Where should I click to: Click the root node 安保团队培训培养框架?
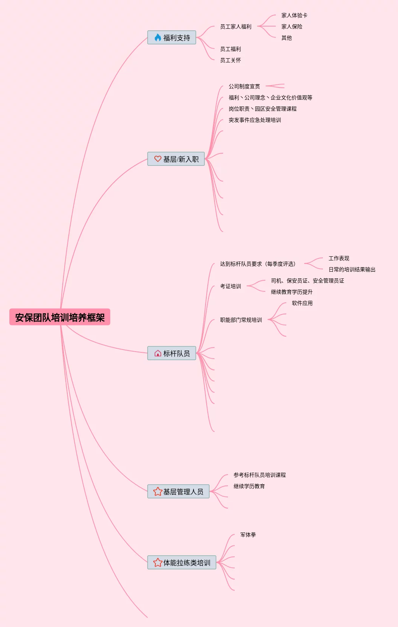point(60,317)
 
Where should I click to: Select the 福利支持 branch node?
point(176,38)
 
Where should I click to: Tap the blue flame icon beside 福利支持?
point(158,38)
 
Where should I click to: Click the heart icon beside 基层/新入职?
point(158,159)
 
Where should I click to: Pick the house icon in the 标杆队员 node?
point(158,353)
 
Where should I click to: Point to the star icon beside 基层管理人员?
point(158,491)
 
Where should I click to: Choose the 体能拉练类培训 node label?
point(186,563)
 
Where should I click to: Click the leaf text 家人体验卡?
point(294,15)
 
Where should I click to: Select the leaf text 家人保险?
point(291,27)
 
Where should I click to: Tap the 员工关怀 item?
point(230,60)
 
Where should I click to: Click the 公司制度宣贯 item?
point(244,86)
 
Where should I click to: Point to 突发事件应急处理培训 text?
point(254,120)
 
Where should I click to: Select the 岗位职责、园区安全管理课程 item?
point(262,109)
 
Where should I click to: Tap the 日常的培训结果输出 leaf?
point(352,269)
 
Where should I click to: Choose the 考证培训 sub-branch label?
point(230,286)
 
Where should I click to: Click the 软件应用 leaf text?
point(302,303)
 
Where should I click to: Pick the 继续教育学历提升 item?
point(291,292)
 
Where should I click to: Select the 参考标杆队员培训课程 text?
point(259,475)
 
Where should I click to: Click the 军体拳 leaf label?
point(248,535)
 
